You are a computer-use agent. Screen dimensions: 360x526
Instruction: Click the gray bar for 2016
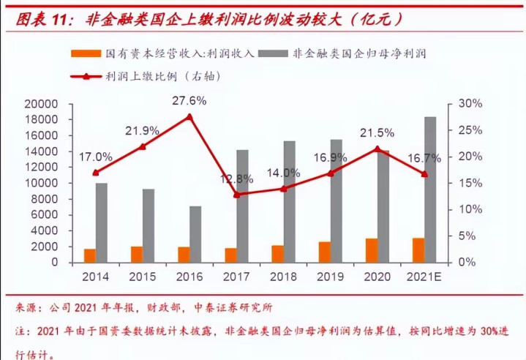[x=196, y=234]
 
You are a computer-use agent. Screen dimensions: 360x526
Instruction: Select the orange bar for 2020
[x=372, y=250]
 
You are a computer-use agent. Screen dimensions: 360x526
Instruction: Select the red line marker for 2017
[x=236, y=195]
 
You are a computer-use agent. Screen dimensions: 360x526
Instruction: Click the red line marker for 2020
[x=377, y=149]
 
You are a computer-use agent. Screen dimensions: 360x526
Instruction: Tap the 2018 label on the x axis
[x=282, y=277]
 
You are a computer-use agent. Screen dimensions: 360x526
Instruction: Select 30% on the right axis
[x=470, y=104]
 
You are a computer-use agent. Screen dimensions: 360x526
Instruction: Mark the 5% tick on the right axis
[x=467, y=236]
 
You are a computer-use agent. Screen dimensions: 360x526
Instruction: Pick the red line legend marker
[x=86, y=75]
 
